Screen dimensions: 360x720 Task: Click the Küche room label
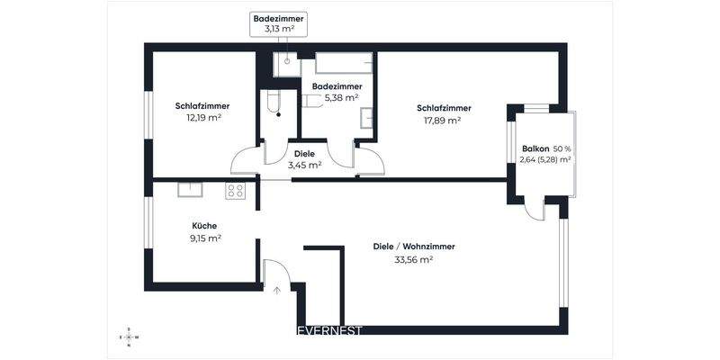(x=204, y=226)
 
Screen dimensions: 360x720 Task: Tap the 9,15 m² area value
(x=204, y=238)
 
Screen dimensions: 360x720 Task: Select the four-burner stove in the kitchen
(x=235, y=190)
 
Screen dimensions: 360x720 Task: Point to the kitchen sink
(x=190, y=189)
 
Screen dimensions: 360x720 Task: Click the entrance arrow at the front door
(x=276, y=290)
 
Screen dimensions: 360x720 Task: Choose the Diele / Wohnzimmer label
(x=413, y=247)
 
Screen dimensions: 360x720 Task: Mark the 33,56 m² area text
(x=413, y=259)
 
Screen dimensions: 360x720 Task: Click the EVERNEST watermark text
(x=329, y=330)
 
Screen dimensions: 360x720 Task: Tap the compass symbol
(x=129, y=337)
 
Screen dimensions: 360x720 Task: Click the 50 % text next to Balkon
(x=562, y=148)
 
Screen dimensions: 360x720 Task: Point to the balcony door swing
(x=536, y=210)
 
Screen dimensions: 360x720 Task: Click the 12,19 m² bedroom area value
(x=203, y=117)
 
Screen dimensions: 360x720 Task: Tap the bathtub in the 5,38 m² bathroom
(x=343, y=63)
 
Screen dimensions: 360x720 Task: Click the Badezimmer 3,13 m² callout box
(x=280, y=23)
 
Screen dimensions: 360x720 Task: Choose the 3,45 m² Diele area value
(x=304, y=165)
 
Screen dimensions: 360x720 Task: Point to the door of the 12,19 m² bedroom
(x=246, y=161)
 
